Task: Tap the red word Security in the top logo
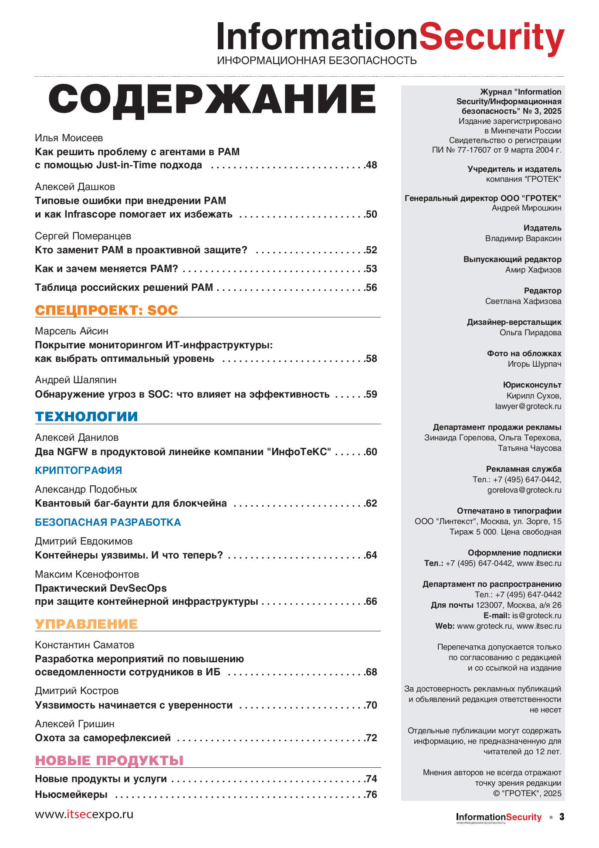tap(491, 37)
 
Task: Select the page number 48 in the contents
tap(372, 165)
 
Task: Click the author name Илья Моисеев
tap(69, 138)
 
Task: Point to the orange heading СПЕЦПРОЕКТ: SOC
tap(106, 310)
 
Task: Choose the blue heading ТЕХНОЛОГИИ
tap(86, 416)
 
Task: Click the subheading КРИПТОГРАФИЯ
tap(78, 470)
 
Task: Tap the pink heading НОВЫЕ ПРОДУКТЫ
tap(109, 760)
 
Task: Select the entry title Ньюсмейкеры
tap(71, 794)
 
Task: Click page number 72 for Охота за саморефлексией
tap(372, 738)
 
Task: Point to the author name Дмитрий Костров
tap(77, 691)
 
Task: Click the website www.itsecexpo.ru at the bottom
tap(84, 814)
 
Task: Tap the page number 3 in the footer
tap(562, 817)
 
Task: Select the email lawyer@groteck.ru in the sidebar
tap(528, 406)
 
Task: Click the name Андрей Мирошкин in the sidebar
tap(526, 208)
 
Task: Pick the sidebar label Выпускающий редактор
tap(512, 259)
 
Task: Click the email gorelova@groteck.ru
tap(524, 490)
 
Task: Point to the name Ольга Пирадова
tap(530, 333)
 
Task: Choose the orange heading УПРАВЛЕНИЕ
tap(86, 624)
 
